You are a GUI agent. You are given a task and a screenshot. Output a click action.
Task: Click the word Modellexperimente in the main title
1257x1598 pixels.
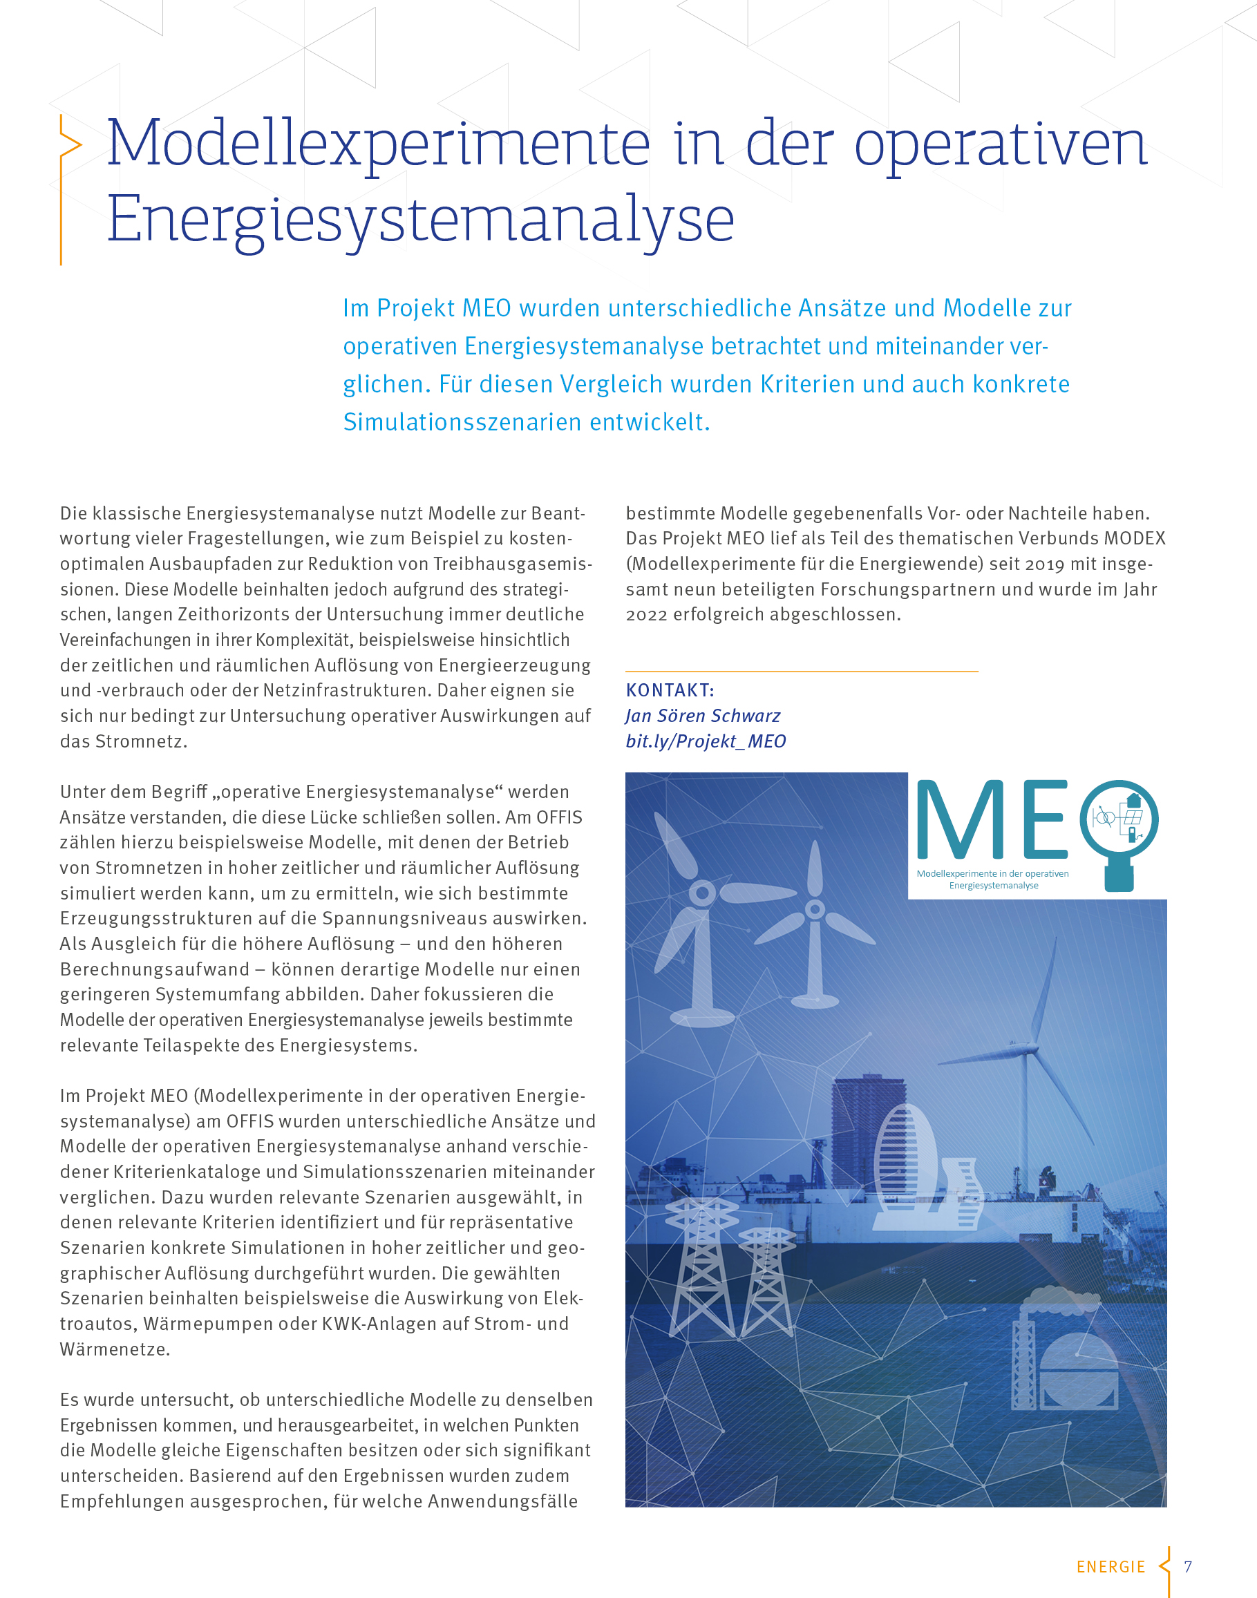378,144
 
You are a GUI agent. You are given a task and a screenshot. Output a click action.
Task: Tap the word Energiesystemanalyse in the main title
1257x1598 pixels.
420,219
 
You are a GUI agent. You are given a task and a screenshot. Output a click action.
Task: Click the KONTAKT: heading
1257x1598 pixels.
670,690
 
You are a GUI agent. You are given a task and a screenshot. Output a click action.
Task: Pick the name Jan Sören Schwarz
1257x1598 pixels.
702,716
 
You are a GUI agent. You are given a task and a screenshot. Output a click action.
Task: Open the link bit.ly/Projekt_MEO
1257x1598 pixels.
705,741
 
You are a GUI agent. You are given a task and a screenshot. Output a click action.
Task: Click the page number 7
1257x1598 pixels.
1187,1566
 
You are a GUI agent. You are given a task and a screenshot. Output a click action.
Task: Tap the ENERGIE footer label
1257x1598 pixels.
1110,1567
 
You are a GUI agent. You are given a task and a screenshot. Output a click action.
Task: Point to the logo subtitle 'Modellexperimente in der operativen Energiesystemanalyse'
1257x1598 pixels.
993,879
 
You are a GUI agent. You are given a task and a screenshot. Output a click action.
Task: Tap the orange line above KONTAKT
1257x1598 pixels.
802,671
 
